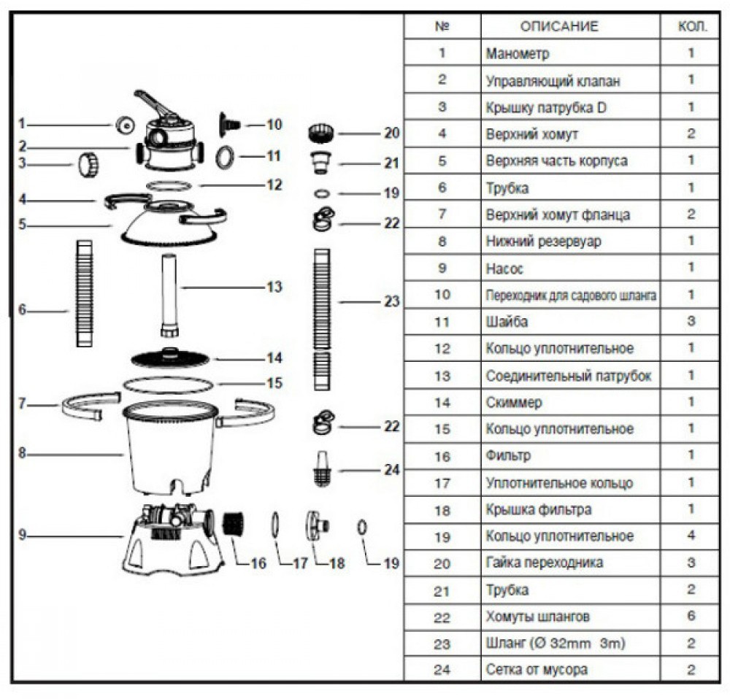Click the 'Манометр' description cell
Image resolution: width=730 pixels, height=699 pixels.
pyautogui.click(x=518, y=53)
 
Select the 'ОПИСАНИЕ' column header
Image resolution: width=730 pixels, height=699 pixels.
pyautogui.click(x=558, y=26)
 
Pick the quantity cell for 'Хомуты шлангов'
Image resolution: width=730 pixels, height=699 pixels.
pyautogui.click(x=691, y=617)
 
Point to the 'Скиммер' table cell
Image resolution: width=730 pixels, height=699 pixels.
pyautogui.click(x=514, y=402)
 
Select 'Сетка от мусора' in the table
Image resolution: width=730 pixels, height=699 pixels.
pyautogui.click(x=536, y=669)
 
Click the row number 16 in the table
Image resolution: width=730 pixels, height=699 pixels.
pyautogui.click(x=441, y=456)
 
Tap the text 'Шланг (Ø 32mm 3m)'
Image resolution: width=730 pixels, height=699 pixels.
pyautogui.click(x=556, y=644)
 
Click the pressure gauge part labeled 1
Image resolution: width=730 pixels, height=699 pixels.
pyautogui.click(x=125, y=125)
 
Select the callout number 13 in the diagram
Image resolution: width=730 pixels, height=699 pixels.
pyautogui.click(x=274, y=287)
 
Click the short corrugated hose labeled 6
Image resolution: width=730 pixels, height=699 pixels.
pyautogui.click(x=85, y=293)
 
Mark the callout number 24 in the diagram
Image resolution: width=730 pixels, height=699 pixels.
pyautogui.click(x=392, y=471)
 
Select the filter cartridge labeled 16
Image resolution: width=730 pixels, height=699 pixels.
pyautogui.click(x=231, y=524)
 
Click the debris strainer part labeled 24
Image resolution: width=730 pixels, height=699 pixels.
pyautogui.click(x=320, y=470)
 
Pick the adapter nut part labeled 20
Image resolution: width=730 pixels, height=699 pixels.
pyautogui.click(x=320, y=134)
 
